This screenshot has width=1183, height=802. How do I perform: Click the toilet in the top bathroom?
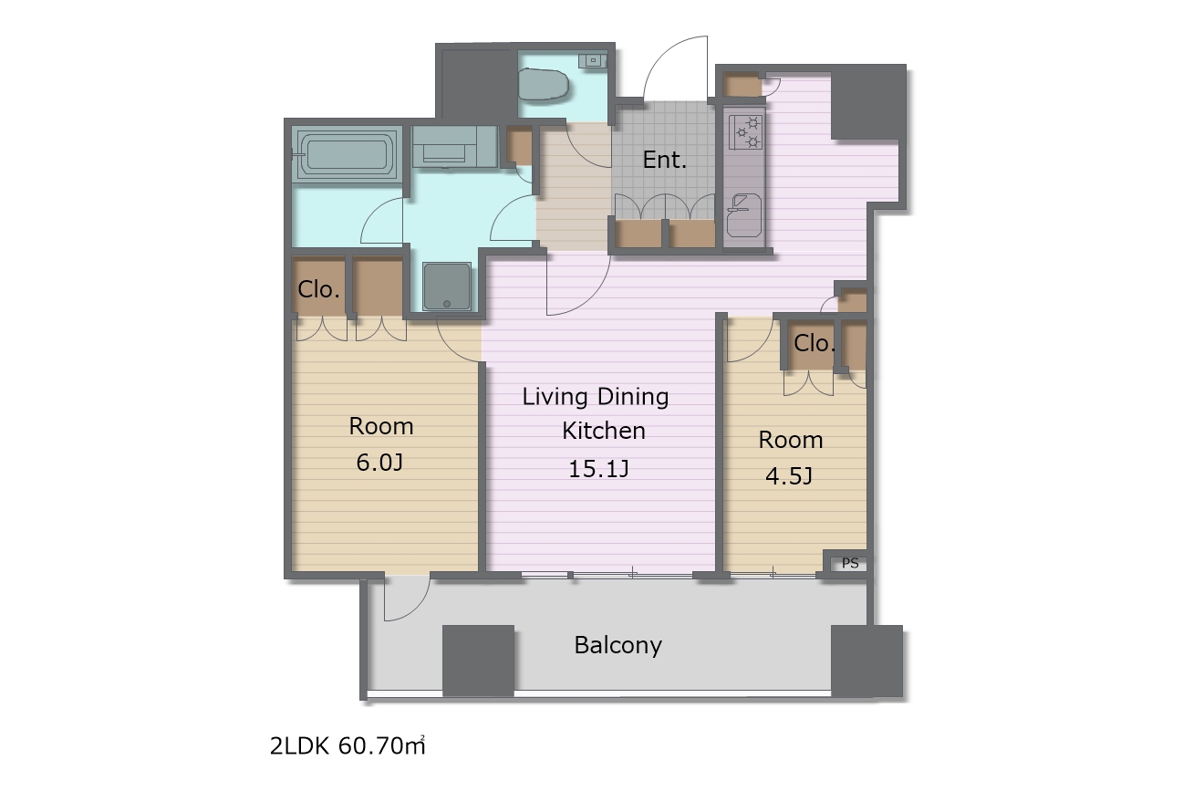pyautogui.click(x=543, y=85)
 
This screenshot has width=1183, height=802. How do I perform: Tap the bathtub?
pyautogui.click(x=346, y=153)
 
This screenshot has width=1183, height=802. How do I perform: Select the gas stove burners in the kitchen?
pyautogui.click(x=746, y=132)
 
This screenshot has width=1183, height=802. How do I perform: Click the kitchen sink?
pyautogui.click(x=744, y=215)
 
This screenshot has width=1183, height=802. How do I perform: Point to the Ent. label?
pyautogui.click(x=664, y=160)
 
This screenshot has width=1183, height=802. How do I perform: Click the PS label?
pyautogui.click(x=850, y=563)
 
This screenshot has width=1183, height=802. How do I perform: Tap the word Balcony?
pyautogui.click(x=617, y=646)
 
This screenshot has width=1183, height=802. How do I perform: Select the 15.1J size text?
pyautogui.click(x=598, y=469)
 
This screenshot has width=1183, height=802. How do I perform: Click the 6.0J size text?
pyautogui.click(x=379, y=463)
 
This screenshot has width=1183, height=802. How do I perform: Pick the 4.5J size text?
pyautogui.click(x=788, y=476)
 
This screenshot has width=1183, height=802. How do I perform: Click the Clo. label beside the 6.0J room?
pyautogui.click(x=318, y=289)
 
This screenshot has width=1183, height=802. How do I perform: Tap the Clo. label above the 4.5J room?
pyautogui.click(x=814, y=344)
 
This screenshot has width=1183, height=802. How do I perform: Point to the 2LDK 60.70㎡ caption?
pyautogui.click(x=348, y=746)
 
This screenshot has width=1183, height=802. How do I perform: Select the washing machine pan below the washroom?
pyautogui.click(x=447, y=286)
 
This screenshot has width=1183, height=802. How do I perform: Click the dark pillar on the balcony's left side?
pyautogui.click(x=478, y=661)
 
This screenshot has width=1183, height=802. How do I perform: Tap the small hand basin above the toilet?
pyautogui.click(x=593, y=60)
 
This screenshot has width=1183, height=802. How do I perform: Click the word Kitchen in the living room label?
pyautogui.click(x=604, y=432)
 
